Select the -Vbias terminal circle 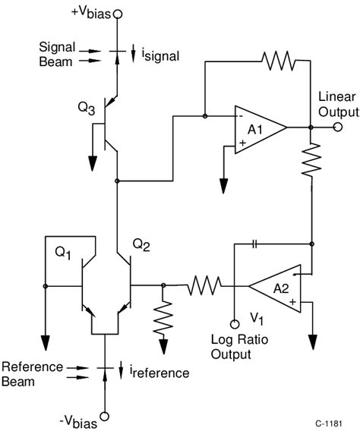click(x=104, y=415)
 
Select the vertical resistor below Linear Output click(x=311, y=161)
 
